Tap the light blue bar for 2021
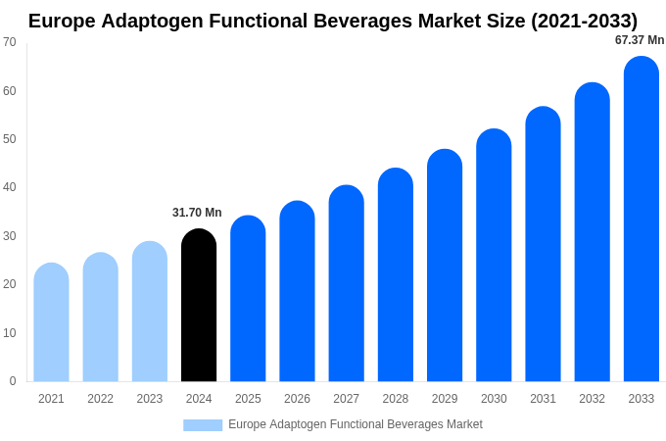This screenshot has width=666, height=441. click(x=51, y=322)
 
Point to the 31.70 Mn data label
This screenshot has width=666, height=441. click(x=197, y=213)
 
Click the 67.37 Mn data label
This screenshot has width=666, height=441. click(x=640, y=40)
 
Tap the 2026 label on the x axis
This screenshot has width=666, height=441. click(x=297, y=399)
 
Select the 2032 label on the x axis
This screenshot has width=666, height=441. click(x=592, y=399)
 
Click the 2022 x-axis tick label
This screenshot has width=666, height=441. click(x=100, y=399)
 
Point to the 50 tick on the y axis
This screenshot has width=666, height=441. click(x=10, y=139)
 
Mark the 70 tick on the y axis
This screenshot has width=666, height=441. click(x=10, y=42)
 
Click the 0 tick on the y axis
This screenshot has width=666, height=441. click(x=13, y=381)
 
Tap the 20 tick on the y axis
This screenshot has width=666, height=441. click(x=10, y=284)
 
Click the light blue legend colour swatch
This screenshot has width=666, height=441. click(x=203, y=425)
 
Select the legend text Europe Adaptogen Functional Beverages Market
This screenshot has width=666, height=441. click(x=355, y=424)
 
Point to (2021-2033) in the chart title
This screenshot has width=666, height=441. click(x=584, y=21)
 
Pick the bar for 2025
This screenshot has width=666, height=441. click(x=248, y=299)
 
